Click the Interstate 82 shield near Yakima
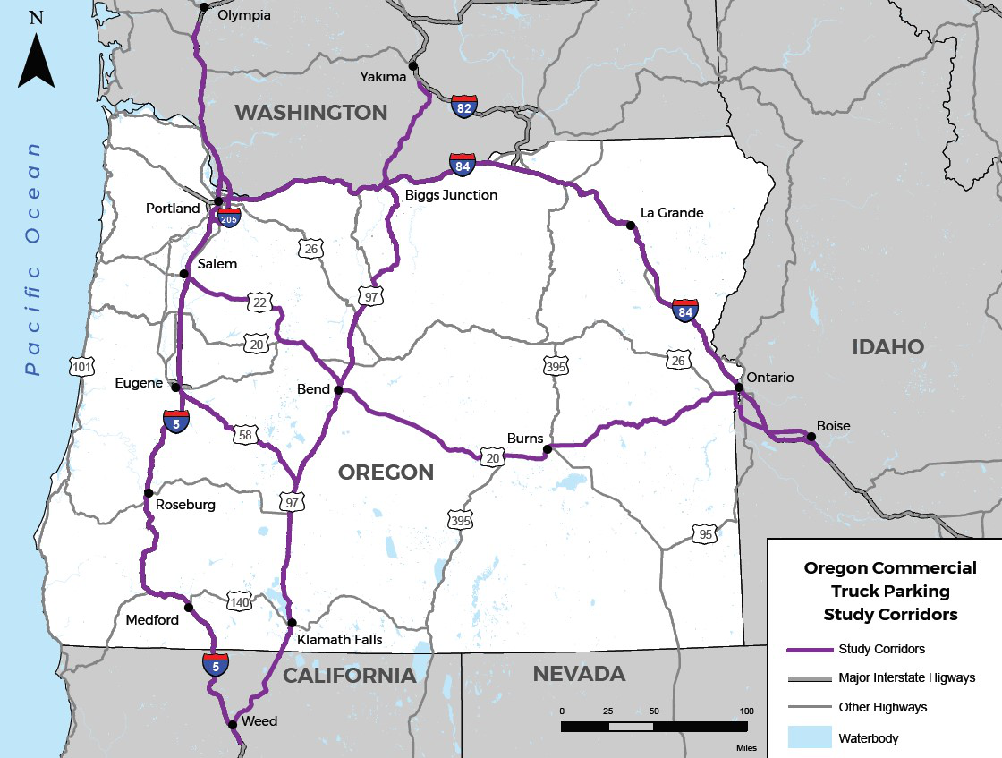coord(464,106)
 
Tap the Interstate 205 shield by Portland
coord(229,215)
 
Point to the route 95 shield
coord(704,534)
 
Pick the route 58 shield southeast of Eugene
coord(244,436)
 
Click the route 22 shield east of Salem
coord(259,302)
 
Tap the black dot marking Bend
coord(338,390)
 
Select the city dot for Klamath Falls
coord(292,622)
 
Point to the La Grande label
coord(672,213)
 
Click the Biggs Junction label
coord(450,194)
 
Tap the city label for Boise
coord(833,426)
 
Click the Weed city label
coord(259,721)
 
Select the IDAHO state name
coord(887,346)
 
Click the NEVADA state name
coord(579,673)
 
